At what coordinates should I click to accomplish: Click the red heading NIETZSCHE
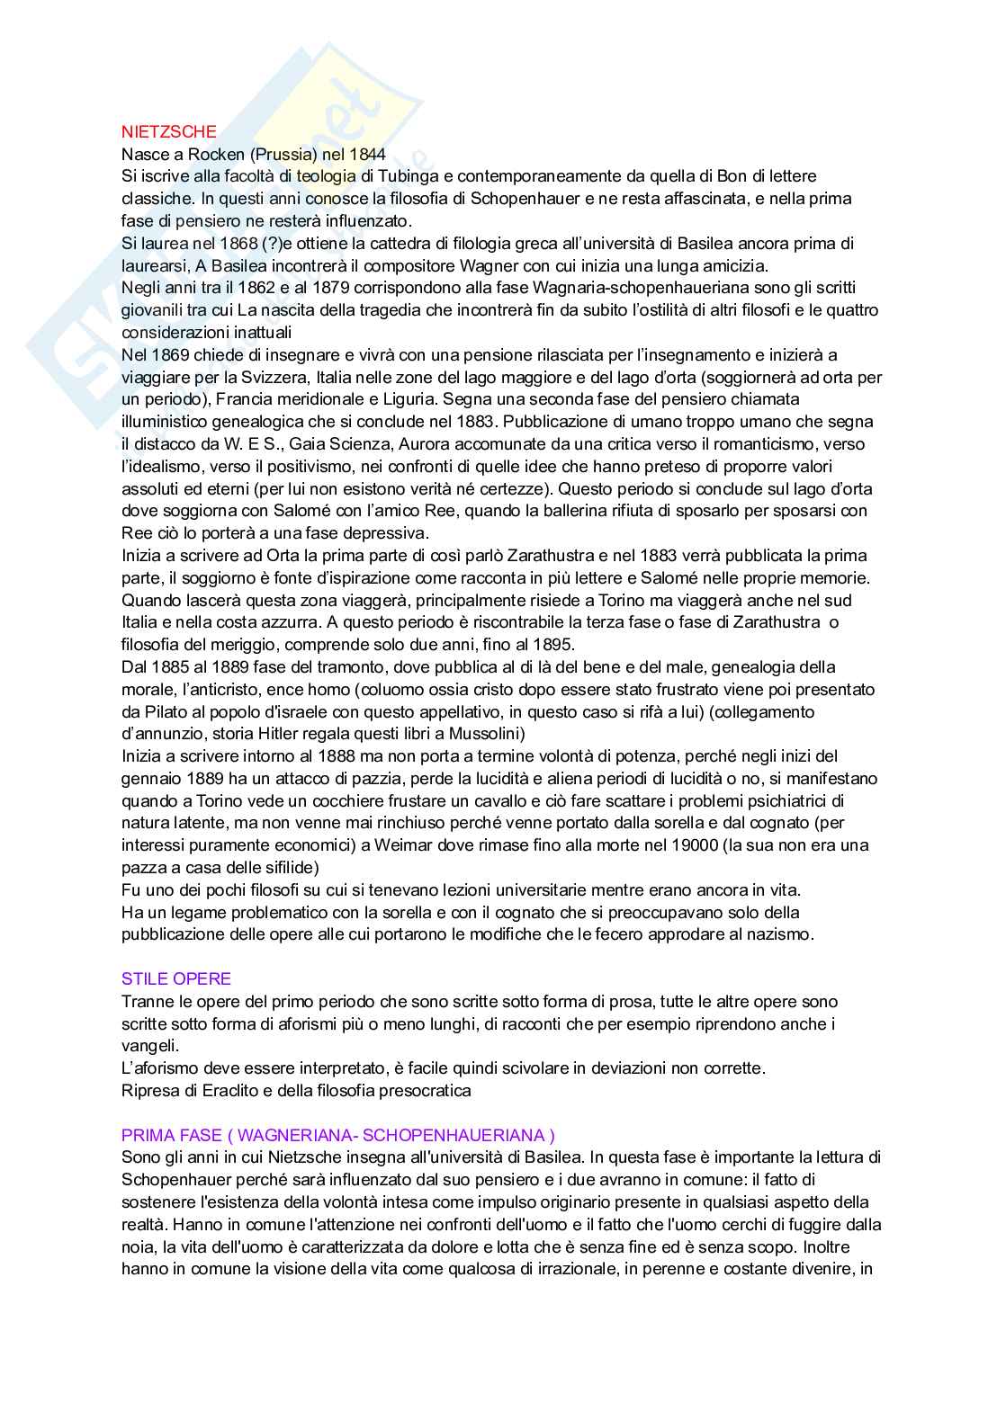coord(169,131)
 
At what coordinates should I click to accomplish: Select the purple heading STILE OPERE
coord(176,978)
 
